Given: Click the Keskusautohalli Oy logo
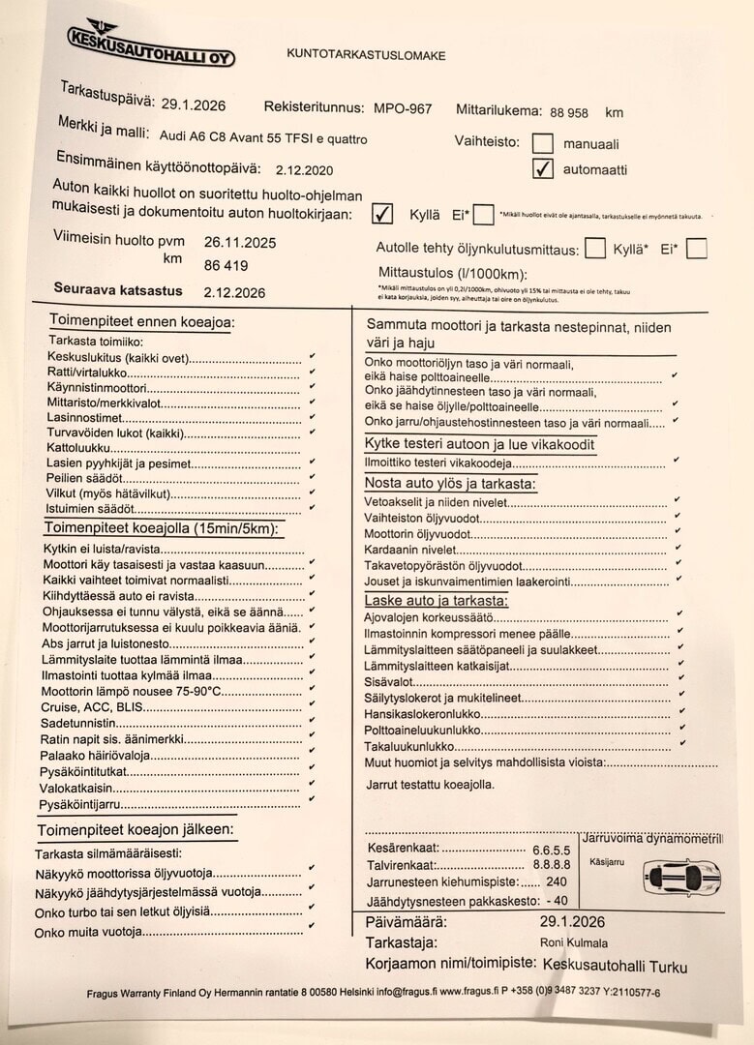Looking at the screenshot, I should click(149, 45).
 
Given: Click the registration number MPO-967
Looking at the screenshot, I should click(403, 109).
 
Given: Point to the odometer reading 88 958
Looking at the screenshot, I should click(568, 112).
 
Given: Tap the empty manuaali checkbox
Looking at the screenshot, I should click(543, 143).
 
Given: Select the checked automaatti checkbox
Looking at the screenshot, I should click(543, 169).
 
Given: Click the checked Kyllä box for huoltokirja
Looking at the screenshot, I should click(382, 213).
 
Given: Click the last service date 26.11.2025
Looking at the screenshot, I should click(239, 243).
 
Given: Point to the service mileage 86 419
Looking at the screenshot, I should click(226, 265).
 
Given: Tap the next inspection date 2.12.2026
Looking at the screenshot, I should click(233, 292).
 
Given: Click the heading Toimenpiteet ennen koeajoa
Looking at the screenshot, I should click(141, 322).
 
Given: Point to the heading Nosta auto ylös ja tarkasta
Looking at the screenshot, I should click(450, 483).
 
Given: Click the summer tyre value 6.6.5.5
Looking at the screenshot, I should click(551, 850).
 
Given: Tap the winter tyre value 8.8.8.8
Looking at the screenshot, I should click(551, 865).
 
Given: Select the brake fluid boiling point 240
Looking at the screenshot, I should click(557, 882).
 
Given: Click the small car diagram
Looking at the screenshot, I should click(681, 878).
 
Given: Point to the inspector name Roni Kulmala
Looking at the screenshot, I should click(574, 942).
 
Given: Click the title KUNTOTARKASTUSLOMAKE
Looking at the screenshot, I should click(366, 55).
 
